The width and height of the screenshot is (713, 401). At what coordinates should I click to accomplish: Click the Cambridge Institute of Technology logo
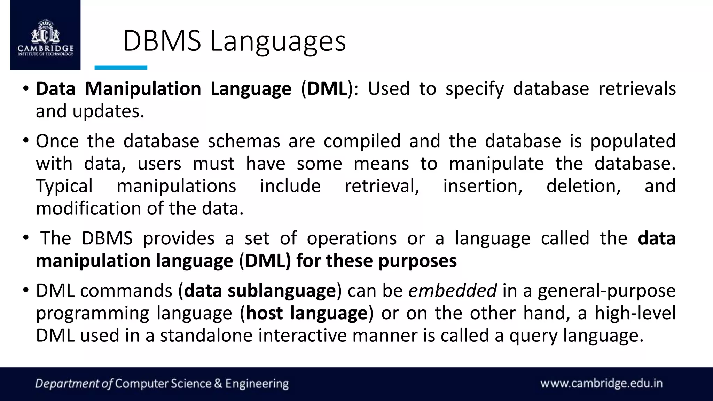pos(45,35)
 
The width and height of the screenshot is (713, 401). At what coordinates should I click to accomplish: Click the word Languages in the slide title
pos(277,41)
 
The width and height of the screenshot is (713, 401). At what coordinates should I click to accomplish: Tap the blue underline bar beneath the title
pos(121,68)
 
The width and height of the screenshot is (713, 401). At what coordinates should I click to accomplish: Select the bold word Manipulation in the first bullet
pos(143,89)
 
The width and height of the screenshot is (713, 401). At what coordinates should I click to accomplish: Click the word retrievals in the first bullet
pos(637,89)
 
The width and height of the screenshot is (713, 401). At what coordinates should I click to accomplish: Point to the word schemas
pos(244,141)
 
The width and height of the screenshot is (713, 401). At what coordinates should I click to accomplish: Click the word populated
pos(633,141)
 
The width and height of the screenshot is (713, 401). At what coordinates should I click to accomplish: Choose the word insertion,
pos(483,186)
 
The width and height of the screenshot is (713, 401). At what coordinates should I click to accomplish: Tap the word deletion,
pos(583,186)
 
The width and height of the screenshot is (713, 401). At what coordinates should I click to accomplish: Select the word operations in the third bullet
pos(351,238)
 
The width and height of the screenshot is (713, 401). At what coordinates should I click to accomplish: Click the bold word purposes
pos(417,261)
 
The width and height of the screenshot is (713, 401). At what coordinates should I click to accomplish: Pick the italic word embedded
pos(452,291)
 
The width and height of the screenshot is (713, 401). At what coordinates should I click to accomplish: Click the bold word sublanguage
pos(281,291)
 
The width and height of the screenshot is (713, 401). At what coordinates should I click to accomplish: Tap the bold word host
pos(264,313)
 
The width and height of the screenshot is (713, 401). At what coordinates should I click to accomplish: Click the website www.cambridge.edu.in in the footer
pos(601,384)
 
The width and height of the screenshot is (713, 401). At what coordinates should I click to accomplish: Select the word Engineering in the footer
pos(257,384)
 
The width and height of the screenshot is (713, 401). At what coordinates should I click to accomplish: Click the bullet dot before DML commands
pos(26,290)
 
